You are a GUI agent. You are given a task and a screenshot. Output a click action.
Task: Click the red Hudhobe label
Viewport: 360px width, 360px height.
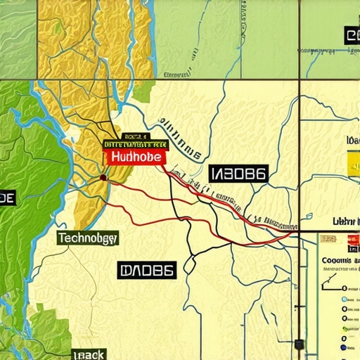coord(134,157)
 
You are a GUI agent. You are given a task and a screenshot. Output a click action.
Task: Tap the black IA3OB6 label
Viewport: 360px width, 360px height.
coord(238,174)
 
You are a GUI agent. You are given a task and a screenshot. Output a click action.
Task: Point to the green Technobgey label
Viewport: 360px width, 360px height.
coord(88,238)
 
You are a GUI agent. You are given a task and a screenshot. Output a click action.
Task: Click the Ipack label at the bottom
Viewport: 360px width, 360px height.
coord(89,354)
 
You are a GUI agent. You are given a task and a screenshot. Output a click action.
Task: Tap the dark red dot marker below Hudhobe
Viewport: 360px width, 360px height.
coord(103,178)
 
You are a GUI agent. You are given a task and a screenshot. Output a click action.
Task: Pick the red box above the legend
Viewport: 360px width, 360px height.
coord(352,248)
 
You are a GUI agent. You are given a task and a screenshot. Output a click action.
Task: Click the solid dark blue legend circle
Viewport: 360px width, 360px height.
coord(343,347)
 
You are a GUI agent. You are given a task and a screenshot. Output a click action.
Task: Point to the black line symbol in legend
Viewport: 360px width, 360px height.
coord(330,285)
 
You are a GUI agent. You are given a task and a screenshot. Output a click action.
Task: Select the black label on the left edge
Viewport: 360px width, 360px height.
coord(6,199)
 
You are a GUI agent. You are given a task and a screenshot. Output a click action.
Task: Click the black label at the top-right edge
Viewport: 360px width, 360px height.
coord(352,35)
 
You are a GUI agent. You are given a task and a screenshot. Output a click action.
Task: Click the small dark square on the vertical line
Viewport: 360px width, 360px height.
coord(300,345)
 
